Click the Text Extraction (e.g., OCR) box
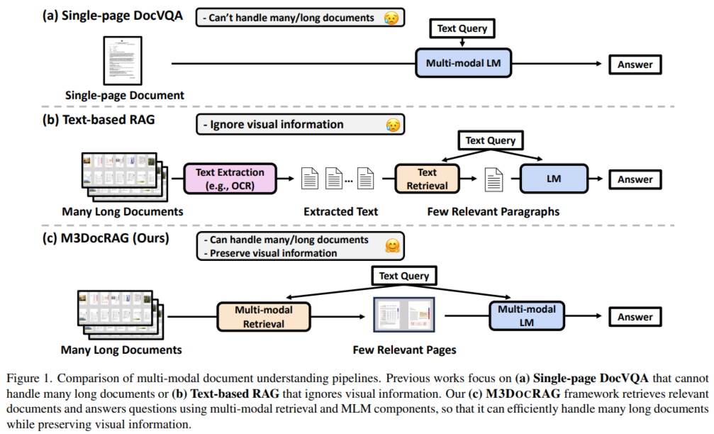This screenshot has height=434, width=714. point(230,179)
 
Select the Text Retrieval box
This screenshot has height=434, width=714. point(427,179)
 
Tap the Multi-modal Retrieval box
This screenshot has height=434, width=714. point(264,316)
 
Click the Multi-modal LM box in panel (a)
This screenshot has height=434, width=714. point(463,63)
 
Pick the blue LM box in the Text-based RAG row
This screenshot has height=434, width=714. point(554,179)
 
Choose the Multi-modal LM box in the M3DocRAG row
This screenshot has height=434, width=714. point(526,316)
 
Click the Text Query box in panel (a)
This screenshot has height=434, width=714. point(462,28)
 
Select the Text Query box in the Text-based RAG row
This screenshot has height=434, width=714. point(491,140)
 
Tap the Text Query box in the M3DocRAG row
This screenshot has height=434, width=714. point(404,276)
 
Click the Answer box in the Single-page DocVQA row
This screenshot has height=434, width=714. point(635,65)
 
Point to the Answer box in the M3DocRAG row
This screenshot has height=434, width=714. point(635,316)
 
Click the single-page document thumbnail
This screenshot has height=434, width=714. point(123,60)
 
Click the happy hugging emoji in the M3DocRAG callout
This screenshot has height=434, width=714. point(392,246)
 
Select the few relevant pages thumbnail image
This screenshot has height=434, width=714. point(404,315)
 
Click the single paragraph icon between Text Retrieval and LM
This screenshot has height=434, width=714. point(494,179)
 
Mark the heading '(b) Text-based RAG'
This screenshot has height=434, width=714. point(99,119)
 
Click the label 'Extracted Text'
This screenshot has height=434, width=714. point(340,211)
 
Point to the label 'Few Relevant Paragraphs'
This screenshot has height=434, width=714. point(493,211)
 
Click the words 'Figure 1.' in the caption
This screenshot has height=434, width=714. point(30,378)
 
